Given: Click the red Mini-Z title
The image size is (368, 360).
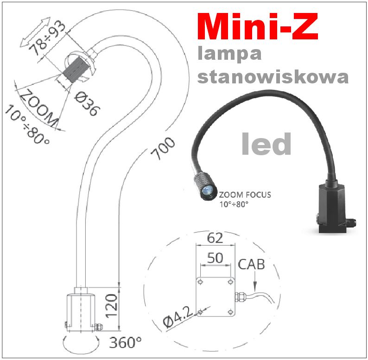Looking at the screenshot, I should click(x=258, y=28).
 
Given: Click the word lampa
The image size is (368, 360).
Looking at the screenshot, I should click(x=229, y=55).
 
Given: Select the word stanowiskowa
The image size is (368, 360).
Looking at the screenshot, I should click(x=273, y=77).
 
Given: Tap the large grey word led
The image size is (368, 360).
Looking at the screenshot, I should click(x=266, y=144).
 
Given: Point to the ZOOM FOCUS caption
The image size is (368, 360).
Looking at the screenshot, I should click(x=245, y=195).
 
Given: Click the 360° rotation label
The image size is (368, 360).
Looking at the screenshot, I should click(x=126, y=343).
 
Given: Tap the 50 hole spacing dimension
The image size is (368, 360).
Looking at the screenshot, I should click(x=215, y=258).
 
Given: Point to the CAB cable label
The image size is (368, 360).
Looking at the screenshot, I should click(x=251, y=265).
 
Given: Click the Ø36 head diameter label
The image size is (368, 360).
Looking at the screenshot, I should click(x=88, y=103).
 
